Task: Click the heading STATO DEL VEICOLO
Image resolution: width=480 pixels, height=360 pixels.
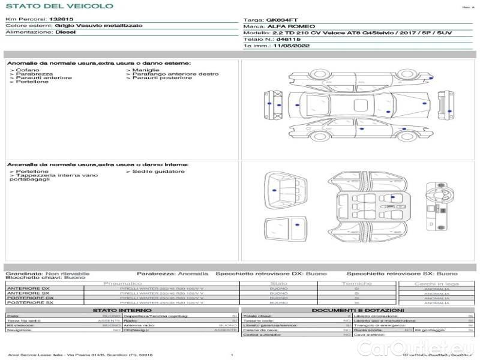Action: [x=59, y=6]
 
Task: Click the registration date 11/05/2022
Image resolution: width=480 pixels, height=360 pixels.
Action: [x=292, y=45]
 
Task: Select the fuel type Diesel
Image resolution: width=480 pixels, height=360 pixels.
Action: [x=65, y=32]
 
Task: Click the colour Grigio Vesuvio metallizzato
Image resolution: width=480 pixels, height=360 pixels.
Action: [x=98, y=26]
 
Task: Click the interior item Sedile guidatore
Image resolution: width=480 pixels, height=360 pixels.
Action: [x=158, y=172]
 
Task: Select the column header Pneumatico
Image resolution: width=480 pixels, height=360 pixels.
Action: [x=122, y=283]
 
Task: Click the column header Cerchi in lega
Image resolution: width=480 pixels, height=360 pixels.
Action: [x=436, y=283]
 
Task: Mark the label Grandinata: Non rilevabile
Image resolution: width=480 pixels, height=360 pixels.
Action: [x=47, y=273]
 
